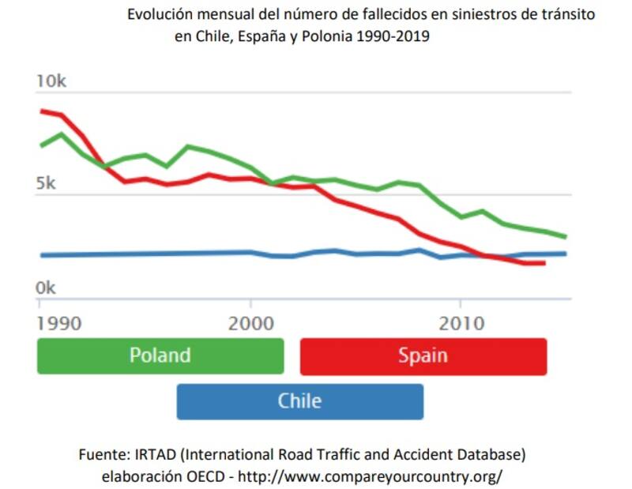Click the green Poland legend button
point(160,355)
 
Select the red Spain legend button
point(423,355)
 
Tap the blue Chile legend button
point(299,401)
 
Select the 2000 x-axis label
point(250,324)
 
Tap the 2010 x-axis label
point(461,324)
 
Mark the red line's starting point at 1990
point(41,111)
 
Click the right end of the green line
point(566,236)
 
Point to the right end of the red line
point(544,262)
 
